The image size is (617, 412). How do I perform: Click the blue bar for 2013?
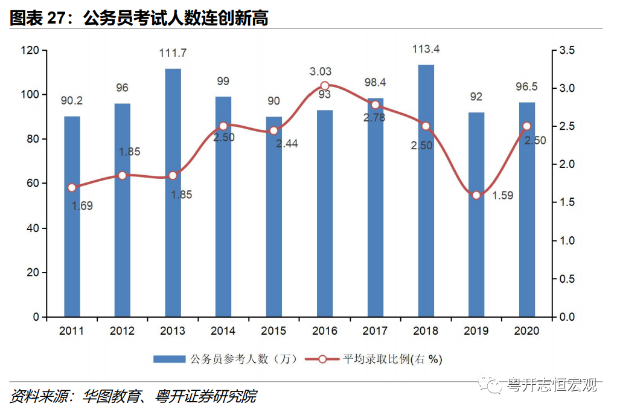coord(173,193)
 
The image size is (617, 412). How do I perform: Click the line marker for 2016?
coord(325,86)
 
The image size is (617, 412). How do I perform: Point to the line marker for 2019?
coord(476,195)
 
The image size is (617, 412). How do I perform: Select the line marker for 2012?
coord(123,175)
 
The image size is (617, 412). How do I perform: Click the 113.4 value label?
coord(426,50)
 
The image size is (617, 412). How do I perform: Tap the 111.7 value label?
coord(173,53)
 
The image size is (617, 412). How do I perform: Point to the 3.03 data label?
coord(321,72)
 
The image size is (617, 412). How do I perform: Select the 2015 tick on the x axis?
coord(273,331)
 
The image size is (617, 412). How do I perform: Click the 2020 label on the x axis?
coord(526,331)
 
